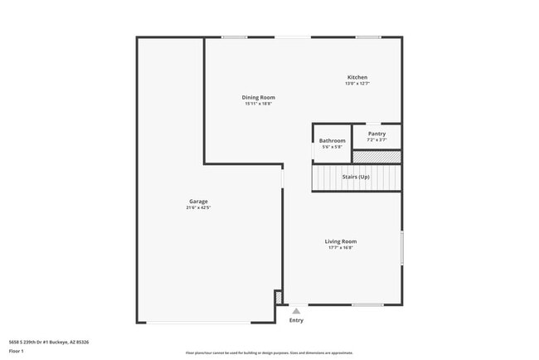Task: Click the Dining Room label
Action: (259, 98)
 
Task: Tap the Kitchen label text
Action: (357, 77)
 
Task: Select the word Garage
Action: (198, 202)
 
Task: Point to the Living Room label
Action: (340, 241)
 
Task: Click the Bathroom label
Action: (332, 141)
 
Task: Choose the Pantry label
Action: (376, 134)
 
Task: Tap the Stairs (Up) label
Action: (356, 178)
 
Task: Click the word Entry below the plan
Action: (296, 320)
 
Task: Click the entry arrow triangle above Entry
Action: (296, 311)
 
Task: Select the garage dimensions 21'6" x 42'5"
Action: (198, 207)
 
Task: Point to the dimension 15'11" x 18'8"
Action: (259, 104)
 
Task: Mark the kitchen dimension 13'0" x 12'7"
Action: (357, 83)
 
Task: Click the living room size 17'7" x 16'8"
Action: (340, 247)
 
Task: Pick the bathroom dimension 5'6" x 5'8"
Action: (332, 147)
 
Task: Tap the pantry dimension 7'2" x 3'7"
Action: (376, 139)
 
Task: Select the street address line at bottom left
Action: (49, 341)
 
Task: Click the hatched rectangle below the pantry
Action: (376, 156)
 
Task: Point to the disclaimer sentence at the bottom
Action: (269, 353)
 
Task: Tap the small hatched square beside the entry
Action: (279, 296)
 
